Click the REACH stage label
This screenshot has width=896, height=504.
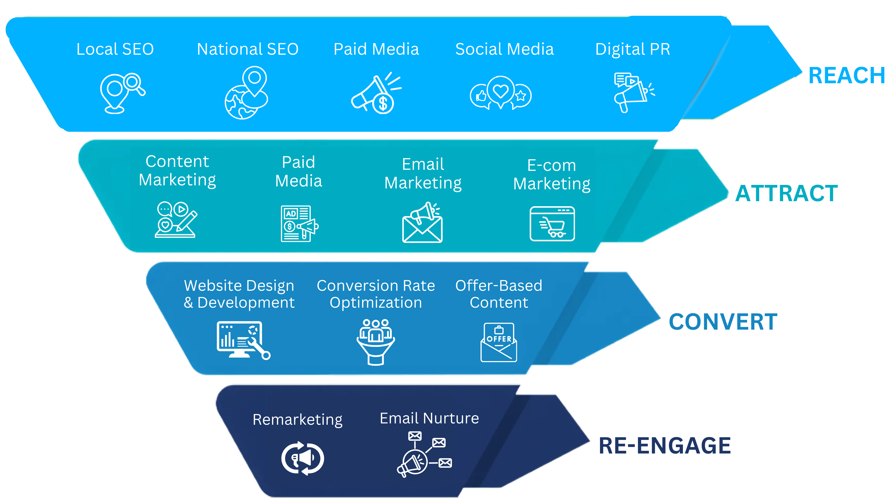pyautogui.click(x=847, y=76)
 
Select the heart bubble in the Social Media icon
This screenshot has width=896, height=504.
pyautogui.click(x=500, y=91)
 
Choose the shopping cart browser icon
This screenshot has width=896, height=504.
pyautogui.click(x=552, y=224)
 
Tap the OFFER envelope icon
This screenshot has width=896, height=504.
pyautogui.click(x=499, y=343)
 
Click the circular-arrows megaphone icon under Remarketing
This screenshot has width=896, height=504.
pyautogui.click(x=303, y=458)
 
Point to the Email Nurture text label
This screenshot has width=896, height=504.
pyautogui.click(x=429, y=418)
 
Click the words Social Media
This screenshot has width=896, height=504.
pyautogui.click(x=504, y=49)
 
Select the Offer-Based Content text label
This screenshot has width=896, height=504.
pyautogui.click(x=499, y=294)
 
